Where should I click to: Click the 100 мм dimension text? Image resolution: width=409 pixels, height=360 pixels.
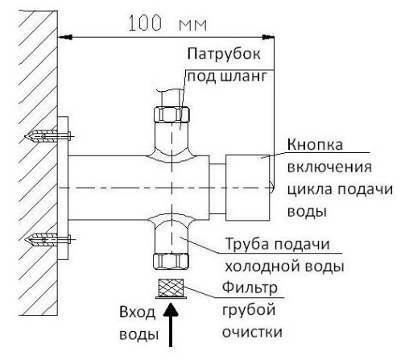167,23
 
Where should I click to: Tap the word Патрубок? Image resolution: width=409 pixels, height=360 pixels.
224,54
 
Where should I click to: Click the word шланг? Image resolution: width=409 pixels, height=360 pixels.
243,77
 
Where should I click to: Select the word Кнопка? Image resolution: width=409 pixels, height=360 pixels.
315,144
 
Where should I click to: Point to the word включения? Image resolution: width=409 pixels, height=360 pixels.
329,167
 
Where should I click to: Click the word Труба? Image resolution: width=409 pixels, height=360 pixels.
246,245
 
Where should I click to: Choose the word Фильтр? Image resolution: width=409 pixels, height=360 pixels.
250,288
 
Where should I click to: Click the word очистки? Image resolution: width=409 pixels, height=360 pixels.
252,332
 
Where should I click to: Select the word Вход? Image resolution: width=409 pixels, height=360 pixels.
137,312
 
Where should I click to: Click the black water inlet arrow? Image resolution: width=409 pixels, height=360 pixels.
171,325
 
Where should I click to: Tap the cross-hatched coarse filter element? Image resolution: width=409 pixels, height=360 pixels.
171,288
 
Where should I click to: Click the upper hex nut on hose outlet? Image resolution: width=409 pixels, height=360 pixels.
171,114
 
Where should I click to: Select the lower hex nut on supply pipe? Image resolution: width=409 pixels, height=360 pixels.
171,261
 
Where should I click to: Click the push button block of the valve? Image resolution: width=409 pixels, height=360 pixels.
247,188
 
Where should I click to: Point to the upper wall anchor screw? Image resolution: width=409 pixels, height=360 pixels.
48,135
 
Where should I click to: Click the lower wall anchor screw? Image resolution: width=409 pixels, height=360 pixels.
48,239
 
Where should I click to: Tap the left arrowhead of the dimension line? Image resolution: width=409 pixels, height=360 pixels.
65,37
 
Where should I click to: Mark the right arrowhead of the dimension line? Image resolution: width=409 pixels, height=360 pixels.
268,37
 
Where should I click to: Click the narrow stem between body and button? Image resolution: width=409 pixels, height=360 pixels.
217,189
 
